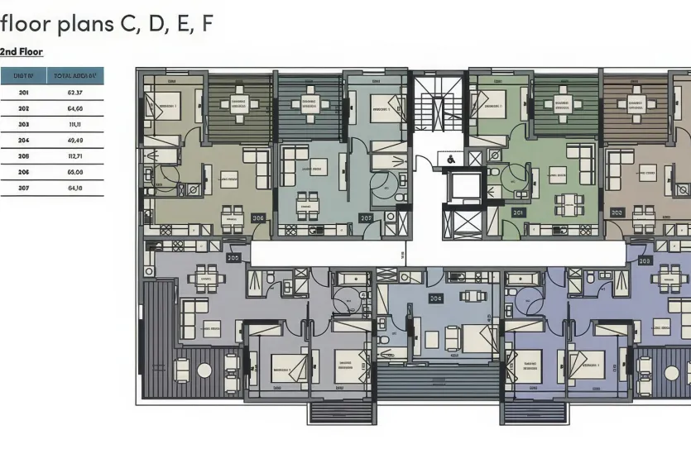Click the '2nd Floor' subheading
click(22, 51)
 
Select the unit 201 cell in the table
click(23, 93)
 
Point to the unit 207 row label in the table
click(23, 188)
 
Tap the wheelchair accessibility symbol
click(450, 158)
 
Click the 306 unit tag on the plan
click(258, 218)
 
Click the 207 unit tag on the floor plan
click(366, 218)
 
